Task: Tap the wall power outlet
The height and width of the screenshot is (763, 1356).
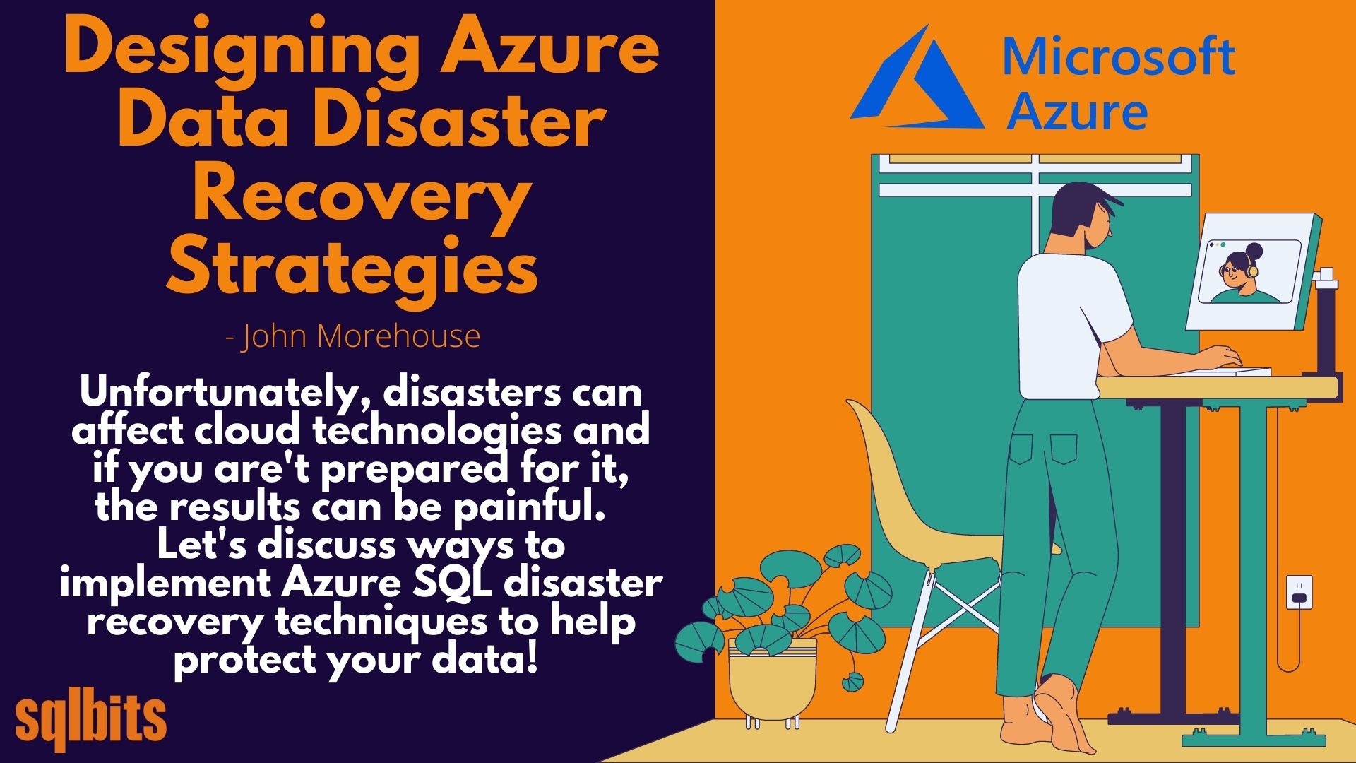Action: [1299, 592]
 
